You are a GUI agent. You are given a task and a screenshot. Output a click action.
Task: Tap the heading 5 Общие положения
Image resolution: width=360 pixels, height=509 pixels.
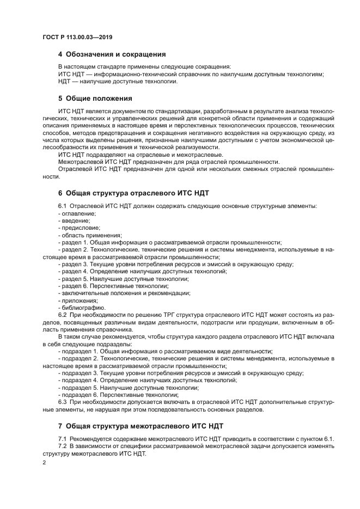95,99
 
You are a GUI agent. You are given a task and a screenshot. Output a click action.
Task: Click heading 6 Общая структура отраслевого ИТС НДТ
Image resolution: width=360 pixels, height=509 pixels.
133,193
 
